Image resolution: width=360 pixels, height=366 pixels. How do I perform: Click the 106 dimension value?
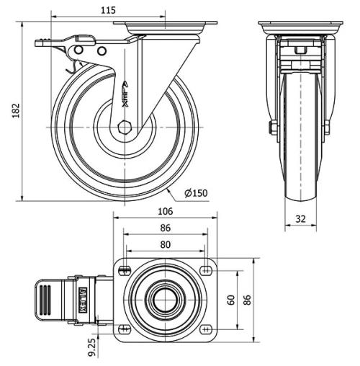click(165, 211)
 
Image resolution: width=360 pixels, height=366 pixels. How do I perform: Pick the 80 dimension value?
click(165, 244)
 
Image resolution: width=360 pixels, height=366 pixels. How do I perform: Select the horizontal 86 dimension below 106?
click(165, 228)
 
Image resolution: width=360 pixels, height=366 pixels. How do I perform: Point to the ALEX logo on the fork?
click(125, 94)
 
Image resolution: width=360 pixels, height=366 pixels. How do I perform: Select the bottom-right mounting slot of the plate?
click(207, 329)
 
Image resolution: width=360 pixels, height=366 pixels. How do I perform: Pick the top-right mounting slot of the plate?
click(207, 271)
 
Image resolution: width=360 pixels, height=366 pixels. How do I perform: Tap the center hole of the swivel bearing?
click(166, 300)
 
